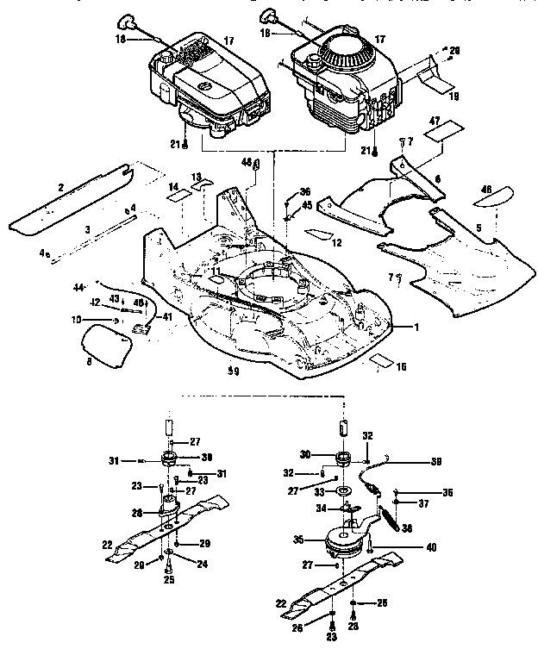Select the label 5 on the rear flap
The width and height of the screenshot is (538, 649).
pos(478,228)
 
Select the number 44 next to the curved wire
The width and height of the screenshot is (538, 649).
pos(78,286)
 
